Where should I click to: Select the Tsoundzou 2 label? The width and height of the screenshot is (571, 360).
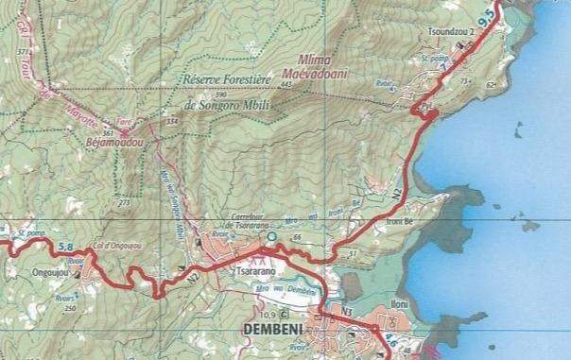pyautogui.click(x=459, y=31)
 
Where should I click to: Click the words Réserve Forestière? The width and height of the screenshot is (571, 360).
pyautogui.click(x=227, y=83)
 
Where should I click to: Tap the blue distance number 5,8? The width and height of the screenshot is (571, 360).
pyautogui.click(x=66, y=248)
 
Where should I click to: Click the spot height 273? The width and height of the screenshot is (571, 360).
pyautogui.click(x=124, y=202)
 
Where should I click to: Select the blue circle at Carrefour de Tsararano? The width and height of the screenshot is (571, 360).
pyautogui.click(x=271, y=237)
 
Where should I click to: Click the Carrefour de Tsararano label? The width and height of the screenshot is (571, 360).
pyautogui.click(x=247, y=218)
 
